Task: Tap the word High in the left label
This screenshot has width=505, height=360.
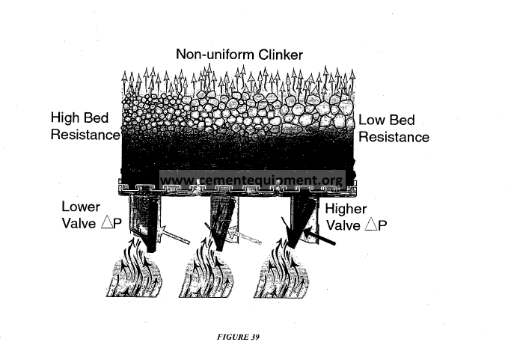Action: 64,118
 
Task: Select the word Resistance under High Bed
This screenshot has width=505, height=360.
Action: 85,135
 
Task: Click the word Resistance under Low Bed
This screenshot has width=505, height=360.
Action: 394,137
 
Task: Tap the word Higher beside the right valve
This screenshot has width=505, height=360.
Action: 346,210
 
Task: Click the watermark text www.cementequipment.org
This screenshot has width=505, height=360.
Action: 252,180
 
